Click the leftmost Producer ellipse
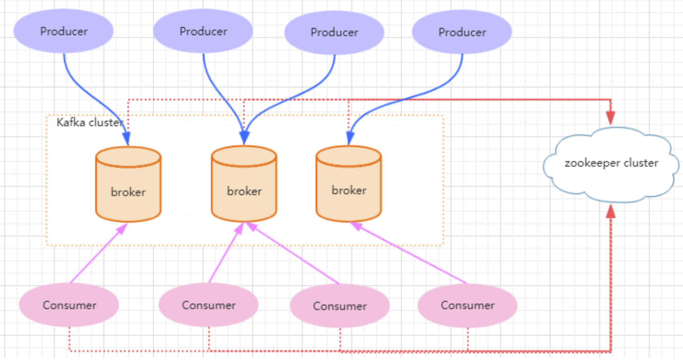tap(64, 31)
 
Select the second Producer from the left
tap(203, 31)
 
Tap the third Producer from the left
tap(334, 32)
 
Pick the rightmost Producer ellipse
tap(462, 32)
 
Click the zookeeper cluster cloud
tap(611, 163)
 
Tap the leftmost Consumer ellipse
tap(69, 305)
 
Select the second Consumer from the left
tap(208, 305)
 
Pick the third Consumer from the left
tap(340, 306)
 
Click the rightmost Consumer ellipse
tap(467, 305)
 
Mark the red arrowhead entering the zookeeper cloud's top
tap(611, 118)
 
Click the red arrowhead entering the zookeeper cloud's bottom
tap(611, 212)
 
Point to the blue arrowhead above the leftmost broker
tap(127, 139)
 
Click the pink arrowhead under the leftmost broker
tap(122, 228)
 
